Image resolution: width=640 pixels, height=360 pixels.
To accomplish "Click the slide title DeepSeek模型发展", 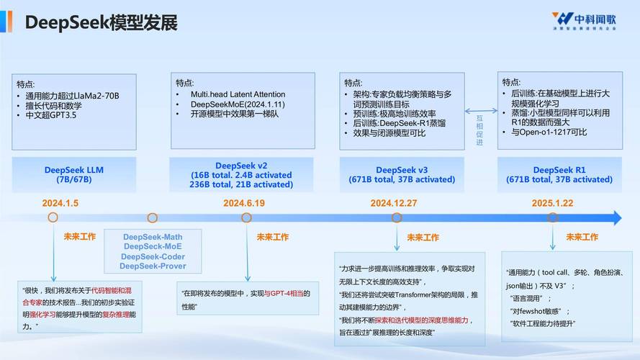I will click(101, 22).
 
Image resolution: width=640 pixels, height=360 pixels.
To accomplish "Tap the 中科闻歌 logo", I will click(584, 22).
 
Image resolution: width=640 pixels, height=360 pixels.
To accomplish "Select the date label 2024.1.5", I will click(60, 203).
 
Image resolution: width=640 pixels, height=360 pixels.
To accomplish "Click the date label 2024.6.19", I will click(244, 203).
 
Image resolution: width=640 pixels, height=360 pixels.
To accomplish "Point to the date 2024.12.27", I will click(394, 203).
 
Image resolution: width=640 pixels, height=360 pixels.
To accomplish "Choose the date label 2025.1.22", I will click(552, 203).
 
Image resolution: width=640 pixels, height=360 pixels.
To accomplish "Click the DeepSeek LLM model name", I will click(74, 170).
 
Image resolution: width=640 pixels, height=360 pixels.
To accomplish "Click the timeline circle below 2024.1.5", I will click(53, 217).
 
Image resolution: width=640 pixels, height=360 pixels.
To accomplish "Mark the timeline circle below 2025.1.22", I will click(552, 217).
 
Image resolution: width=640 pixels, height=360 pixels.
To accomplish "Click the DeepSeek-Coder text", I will click(153, 257).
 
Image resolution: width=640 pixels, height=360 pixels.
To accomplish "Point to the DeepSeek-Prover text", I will click(153, 266).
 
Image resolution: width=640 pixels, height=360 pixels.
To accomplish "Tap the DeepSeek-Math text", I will click(153, 237).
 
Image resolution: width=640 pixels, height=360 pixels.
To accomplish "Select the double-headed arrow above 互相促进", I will click(480, 111).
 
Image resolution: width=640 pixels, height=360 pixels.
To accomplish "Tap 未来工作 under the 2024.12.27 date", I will click(423, 237).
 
